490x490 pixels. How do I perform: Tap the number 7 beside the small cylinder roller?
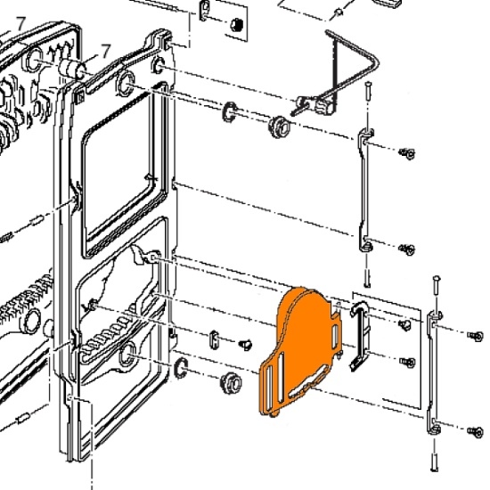coord(106,51)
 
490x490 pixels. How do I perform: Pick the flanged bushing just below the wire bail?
coord(280,127)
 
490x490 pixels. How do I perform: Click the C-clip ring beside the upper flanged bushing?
coord(230,112)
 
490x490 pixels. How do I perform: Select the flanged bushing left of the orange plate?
coord(232,382)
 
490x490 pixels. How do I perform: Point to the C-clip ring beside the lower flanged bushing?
coord(181,368)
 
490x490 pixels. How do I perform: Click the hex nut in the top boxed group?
coord(237,24)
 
